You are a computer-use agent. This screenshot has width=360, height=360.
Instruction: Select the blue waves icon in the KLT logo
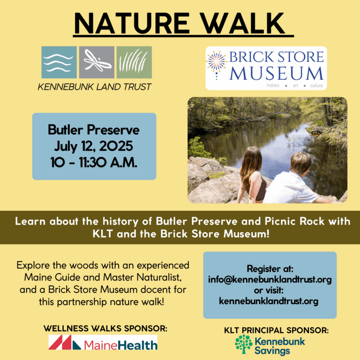pyautogui.click(x=59, y=62)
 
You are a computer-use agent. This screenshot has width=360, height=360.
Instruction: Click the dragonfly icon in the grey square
pyautogui.click(x=96, y=62)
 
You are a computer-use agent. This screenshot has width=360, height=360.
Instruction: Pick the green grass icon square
pyautogui.click(x=134, y=62)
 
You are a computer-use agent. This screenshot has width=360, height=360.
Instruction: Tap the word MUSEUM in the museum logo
pyautogui.click(x=277, y=73)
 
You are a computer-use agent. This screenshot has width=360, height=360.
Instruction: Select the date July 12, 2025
pyautogui.click(x=94, y=145)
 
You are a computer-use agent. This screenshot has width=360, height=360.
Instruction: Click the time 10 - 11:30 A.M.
pyautogui.click(x=94, y=161)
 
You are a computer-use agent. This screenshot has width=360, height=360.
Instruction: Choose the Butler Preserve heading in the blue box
pyautogui.click(x=94, y=130)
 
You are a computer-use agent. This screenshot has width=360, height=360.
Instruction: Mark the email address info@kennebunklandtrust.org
pyautogui.click(x=270, y=279)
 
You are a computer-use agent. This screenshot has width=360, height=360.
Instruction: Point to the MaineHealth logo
pyautogui.click(x=103, y=344)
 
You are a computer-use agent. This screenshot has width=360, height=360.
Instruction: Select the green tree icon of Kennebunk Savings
pyautogui.click(x=243, y=344)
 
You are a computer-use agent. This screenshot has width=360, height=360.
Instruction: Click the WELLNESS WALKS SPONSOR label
pyautogui.click(x=105, y=328)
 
